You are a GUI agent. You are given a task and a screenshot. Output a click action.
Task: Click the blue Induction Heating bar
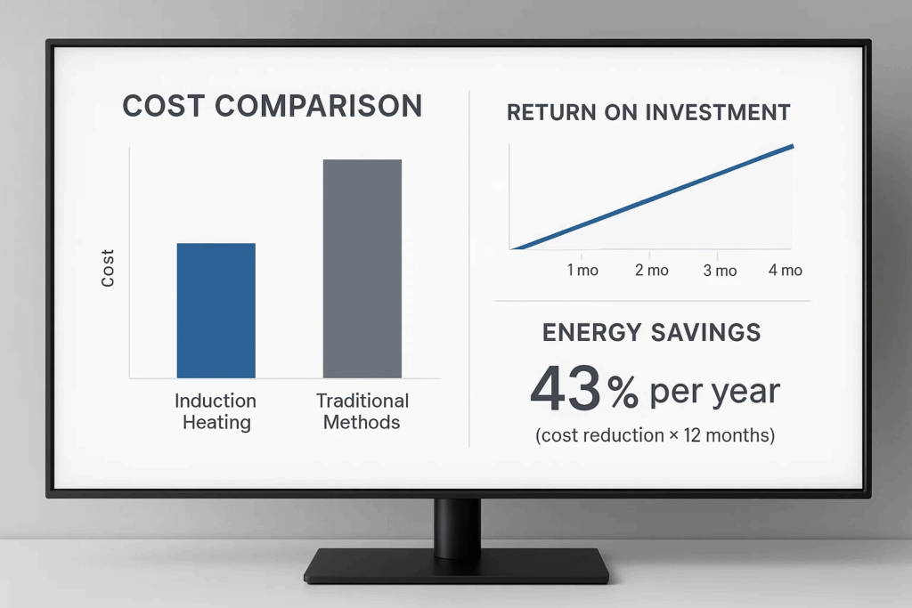216,311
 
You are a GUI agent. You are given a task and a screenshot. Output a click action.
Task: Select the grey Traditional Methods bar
362,269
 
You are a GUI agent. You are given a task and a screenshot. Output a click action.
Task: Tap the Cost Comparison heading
273,106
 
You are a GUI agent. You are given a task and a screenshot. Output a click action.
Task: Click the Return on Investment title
648,112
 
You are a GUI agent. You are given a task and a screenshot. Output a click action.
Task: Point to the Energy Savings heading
651,332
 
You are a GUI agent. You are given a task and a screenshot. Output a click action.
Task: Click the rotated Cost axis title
108,268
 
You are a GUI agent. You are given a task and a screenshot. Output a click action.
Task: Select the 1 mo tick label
582,271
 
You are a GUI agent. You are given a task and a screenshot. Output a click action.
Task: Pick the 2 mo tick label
651,271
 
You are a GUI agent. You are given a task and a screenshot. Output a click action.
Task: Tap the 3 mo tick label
720,271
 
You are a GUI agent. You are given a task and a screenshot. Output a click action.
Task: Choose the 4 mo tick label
786,270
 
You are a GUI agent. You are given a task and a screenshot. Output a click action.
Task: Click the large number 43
566,388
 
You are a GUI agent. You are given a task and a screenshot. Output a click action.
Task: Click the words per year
714,393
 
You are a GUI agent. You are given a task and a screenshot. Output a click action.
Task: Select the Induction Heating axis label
216,411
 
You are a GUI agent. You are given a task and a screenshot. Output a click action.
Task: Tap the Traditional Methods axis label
362,411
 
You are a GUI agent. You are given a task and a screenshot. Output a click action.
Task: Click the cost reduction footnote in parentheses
655,435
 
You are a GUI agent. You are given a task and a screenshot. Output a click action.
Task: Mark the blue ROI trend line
652,198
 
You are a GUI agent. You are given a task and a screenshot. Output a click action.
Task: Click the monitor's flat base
457,564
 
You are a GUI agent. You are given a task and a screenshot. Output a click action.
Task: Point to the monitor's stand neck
457,526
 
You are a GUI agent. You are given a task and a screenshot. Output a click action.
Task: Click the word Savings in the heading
705,332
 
